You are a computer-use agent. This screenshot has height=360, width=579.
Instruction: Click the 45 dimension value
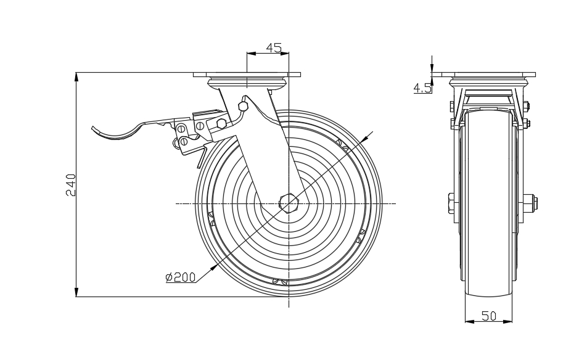click(x=274, y=47)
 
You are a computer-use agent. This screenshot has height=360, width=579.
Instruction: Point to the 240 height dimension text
click(x=72, y=185)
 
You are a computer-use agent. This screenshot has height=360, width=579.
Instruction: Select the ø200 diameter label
click(x=180, y=277)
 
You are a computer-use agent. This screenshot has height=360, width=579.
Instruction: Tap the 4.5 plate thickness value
click(x=422, y=88)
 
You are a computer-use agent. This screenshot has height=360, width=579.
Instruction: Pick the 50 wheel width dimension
click(x=489, y=316)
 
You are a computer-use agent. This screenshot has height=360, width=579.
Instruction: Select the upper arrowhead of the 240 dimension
click(x=76, y=77)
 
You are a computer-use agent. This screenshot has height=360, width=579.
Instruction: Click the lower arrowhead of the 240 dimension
click(x=76, y=293)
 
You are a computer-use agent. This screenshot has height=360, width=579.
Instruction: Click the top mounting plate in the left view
click(x=247, y=75)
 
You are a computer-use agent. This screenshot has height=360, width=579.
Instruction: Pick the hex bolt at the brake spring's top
click(x=242, y=107)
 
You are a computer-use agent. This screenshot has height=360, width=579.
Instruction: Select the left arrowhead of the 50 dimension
click(x=467, y=321)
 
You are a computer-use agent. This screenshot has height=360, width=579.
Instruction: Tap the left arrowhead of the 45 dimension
click(x=249, y=53)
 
